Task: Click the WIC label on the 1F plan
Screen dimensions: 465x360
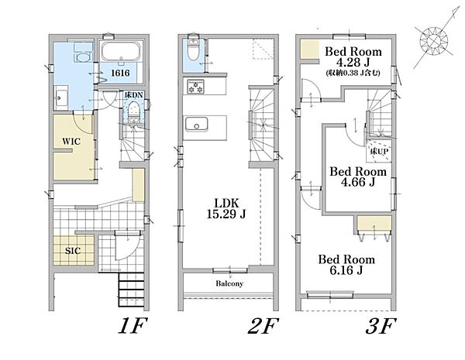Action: (x=71, y=142)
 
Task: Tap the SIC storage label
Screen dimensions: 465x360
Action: (x=73, y=251)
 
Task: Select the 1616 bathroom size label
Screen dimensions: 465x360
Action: (x=120, y=73)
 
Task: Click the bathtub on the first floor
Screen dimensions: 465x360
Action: (x=121, y=51)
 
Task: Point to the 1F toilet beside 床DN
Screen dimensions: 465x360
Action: (x=134, y=111)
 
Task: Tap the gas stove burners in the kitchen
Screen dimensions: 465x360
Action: (x=195, y=87)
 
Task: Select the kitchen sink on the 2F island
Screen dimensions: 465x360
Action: (x=196, y=124)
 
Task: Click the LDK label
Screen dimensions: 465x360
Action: (x=226, y=204)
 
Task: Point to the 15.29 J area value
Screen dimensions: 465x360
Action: (x=226, y=214)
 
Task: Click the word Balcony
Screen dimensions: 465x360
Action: (x=229, y=283)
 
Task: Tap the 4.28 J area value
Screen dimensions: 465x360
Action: (x=353, y=63)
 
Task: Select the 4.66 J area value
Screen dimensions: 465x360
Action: (x=358, y=182)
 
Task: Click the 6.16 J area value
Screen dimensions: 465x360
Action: (x=346, y=270)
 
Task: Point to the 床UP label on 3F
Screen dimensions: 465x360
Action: (x=379, y=152)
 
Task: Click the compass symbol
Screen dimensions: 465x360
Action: (x=434, y=40)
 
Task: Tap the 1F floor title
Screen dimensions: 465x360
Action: (x=133, y=326)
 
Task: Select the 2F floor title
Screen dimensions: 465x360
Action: (x=263, y=326)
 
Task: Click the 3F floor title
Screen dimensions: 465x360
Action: (x=381, y=326)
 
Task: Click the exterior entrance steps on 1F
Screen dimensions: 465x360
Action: (x=132, y=290)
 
